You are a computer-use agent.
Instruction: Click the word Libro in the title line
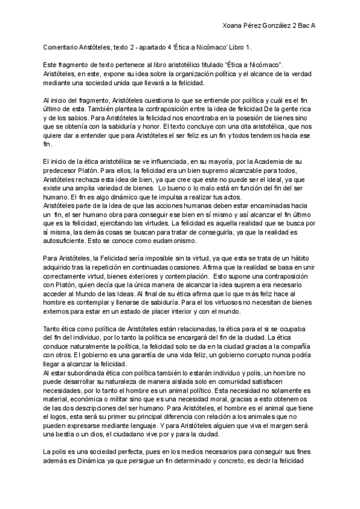point(235,46)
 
